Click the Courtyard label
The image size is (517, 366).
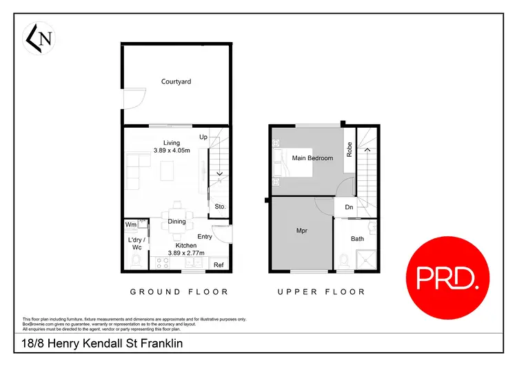tap(176, 81)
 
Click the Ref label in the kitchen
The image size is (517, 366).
tap(219, 265)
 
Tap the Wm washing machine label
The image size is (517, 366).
tap(131, 224)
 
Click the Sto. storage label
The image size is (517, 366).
tap(220, 206)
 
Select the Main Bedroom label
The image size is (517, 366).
tap(312, 158)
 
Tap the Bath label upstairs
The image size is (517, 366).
tap(357, 239)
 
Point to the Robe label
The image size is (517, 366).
tap(349, 150)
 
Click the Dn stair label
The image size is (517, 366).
tap(349, 207)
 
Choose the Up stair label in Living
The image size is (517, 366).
tap(203, 137)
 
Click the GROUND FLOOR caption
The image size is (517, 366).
tap(179, 292)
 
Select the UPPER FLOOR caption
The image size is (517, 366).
tap(321, 292)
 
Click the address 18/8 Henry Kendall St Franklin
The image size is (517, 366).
tap(97, 343)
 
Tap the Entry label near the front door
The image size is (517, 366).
tap(205, 237)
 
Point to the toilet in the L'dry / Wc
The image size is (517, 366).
tap(136, 260)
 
